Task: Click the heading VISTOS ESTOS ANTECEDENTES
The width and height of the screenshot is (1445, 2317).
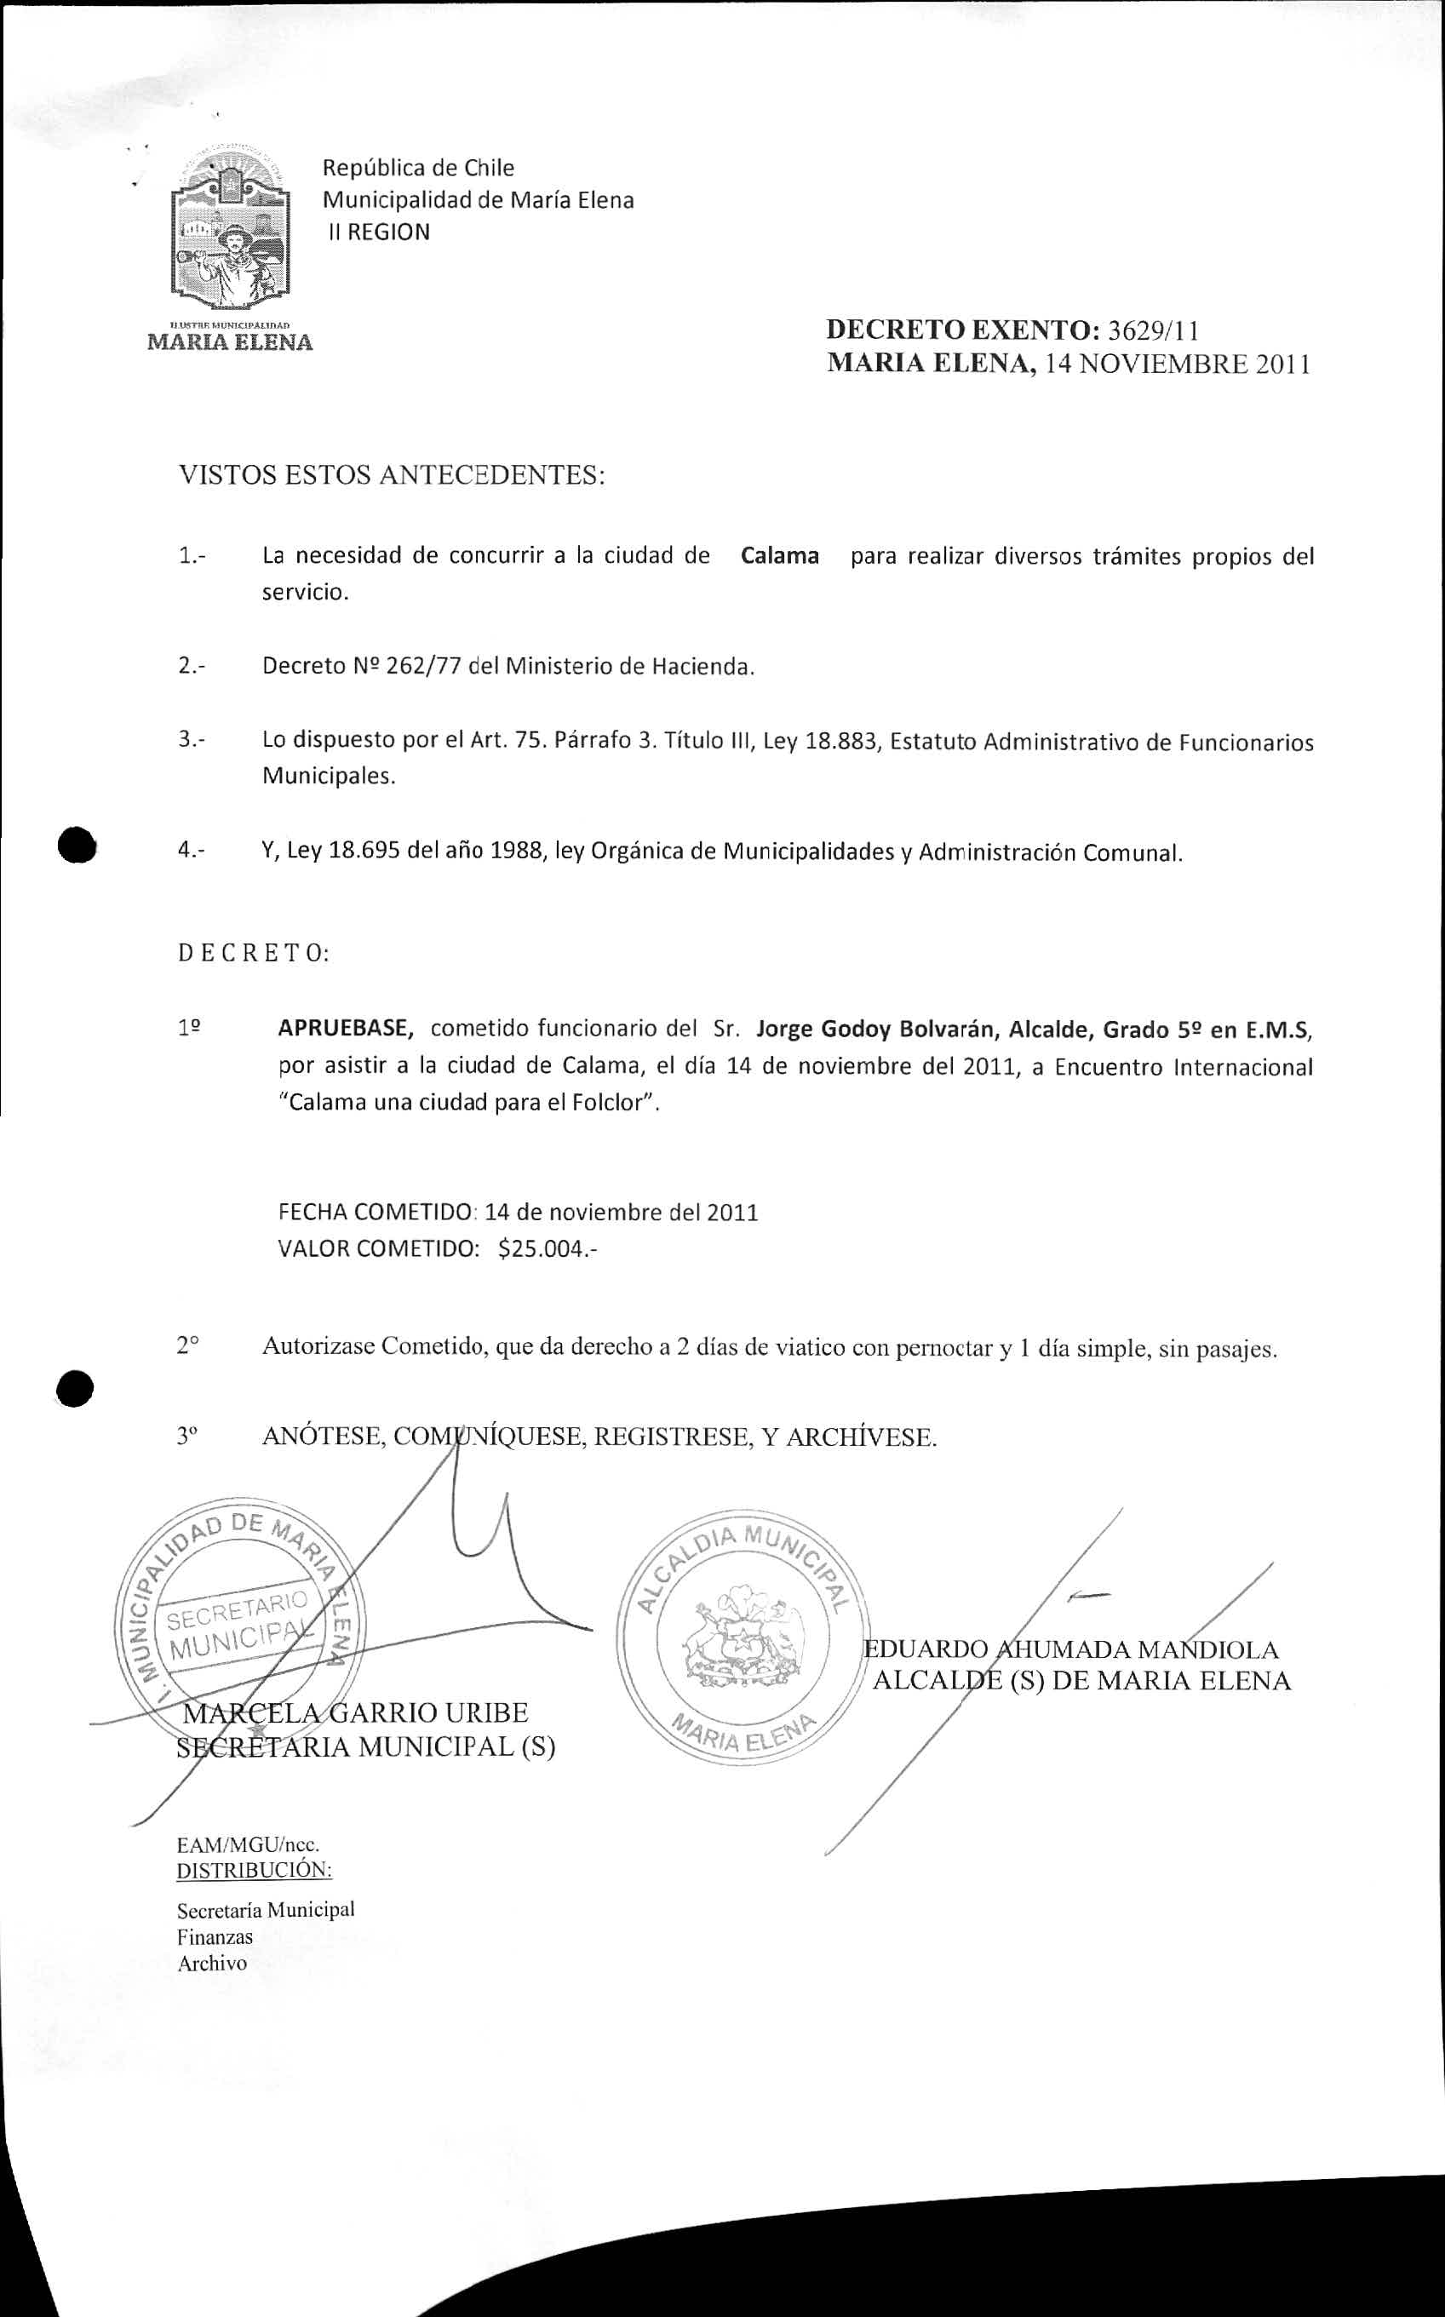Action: [392, 475]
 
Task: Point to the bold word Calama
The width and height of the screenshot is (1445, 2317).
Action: [780, 556]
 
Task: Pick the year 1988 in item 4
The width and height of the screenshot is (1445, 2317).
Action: [514, 852]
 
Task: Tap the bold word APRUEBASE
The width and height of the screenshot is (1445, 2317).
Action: [346, 1029]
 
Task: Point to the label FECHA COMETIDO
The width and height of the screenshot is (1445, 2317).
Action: [376, 1213]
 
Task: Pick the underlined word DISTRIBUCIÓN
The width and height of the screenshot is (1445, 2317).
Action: [255, 1869]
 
